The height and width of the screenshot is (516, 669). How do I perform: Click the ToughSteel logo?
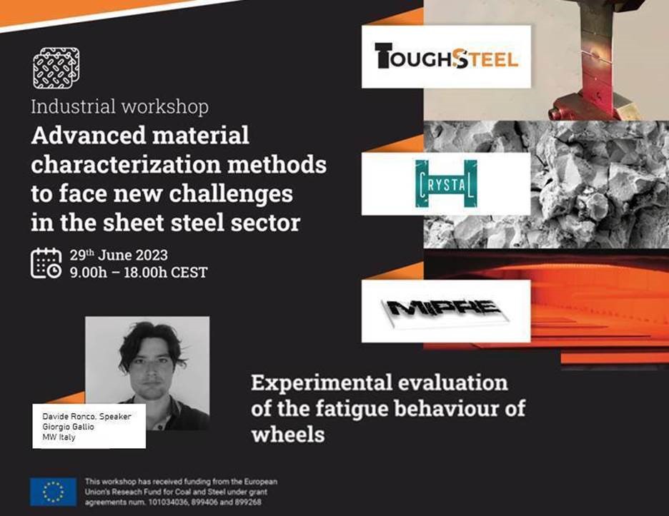click(x=446, y=56)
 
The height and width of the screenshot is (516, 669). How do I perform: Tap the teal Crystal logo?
click(x=446, y=183)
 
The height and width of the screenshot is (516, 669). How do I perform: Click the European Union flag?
click(x=54, y=491)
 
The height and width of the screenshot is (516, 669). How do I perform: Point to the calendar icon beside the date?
click(x=46, y=263)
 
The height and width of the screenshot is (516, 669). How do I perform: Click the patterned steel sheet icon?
click(x=56, y=68)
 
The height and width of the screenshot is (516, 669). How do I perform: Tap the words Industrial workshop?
click(x=120, y=106)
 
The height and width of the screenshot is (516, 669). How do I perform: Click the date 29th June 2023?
click(x=119, y=255)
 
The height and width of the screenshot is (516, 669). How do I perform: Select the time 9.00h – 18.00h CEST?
click(x=139, y=272)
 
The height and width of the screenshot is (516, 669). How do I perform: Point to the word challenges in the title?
click(x=231, y=194)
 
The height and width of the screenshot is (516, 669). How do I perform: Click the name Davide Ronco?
click(x=69, y=416)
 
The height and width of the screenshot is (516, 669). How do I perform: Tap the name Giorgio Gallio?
click(x=68, y=427)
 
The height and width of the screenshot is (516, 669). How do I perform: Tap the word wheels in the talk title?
click(x=288, y=435)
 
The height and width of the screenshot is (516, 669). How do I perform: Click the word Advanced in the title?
click(x=89, y=136)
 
